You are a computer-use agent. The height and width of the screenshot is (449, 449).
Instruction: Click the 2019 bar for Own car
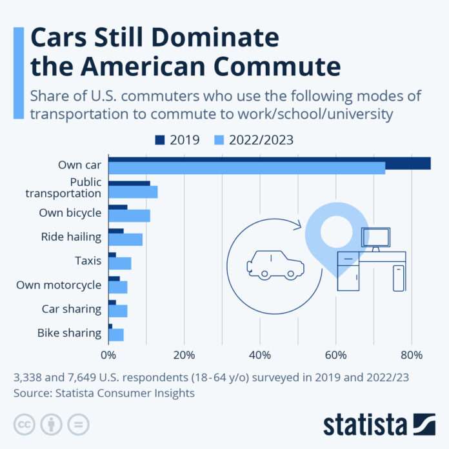point(269,162)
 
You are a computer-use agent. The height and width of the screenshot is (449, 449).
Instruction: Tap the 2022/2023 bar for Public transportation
point(133,192)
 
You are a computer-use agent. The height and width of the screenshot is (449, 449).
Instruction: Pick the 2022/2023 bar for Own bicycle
point(129,215)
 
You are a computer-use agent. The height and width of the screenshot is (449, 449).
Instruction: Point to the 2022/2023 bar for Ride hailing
point(125,239)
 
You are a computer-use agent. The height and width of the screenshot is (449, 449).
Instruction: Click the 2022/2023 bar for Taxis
point(119,263)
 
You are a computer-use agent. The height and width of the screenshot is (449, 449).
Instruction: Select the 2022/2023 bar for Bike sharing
point(116,334)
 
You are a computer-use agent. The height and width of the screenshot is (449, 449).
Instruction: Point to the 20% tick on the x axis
point(184,354)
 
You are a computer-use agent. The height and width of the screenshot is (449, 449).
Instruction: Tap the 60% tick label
point(335,354)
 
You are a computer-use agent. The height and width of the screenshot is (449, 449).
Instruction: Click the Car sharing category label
point(72,308)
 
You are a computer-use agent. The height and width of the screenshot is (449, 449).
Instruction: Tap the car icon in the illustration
point(275,264)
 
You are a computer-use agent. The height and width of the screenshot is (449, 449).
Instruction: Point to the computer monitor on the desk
point(375,237)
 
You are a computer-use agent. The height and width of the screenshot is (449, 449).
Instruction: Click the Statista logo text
point(365,424)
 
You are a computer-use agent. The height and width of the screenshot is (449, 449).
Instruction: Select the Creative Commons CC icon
point(23,424)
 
